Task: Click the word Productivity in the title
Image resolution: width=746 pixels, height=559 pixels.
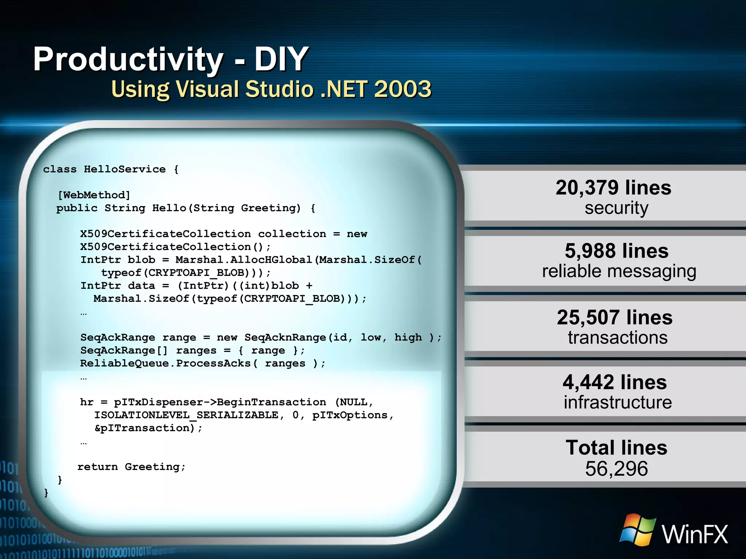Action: [x=128, y=59]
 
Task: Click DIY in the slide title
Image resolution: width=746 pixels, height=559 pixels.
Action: [x=281, y=59]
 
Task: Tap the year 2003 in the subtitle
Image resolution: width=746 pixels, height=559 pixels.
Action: [x=403, y=89]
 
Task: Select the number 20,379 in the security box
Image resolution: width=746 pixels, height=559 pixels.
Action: [x=587, y=188]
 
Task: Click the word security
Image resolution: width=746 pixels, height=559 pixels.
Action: [x=616, y=208]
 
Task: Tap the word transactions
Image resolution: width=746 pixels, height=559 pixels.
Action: [x=617, y=338]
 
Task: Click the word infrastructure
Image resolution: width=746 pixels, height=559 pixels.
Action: [x=617, y=403]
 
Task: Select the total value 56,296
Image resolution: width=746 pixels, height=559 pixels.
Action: [x=616, y=469]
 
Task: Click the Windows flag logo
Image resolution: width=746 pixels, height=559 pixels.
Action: [x=637, y=530]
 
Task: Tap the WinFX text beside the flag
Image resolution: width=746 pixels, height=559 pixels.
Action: [x=695, y=534]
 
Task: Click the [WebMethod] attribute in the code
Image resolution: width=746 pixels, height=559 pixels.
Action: [x=94, y=195]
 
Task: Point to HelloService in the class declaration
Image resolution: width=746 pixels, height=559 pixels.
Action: [x=125, y=169]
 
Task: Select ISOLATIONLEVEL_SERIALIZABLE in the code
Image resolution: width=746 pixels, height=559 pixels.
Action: [x=186, y=415]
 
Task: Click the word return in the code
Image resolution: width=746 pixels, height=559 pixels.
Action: [x=97, y=467]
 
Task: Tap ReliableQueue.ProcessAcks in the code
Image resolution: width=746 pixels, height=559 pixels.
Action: [x=165, y=364]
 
